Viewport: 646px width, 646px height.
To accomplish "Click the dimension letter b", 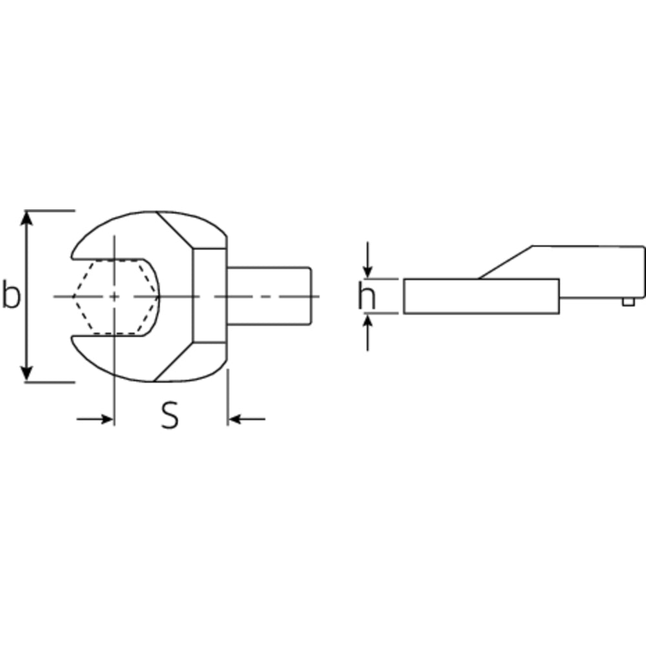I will [x=11, y=296].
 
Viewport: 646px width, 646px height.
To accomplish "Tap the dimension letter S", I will [x=169, y=416].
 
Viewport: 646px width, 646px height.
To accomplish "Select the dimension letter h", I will [x=367, y=297].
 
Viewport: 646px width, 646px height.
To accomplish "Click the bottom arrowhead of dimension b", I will [x=26, y=373].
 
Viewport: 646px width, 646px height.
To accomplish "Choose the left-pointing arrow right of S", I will [x=237, y=419].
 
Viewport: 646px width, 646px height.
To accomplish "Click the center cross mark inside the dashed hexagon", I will [x=114, y=297].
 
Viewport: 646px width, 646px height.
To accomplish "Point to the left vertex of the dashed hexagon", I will [x=73, y=297].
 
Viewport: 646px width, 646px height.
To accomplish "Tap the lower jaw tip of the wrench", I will [x=75, y=340].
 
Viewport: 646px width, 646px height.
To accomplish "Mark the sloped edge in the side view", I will [x=505, y=262].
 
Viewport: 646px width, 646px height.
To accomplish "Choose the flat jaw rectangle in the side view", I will [x=481, y=297].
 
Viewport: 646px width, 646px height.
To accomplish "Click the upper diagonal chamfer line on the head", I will [x=176, y=229].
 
